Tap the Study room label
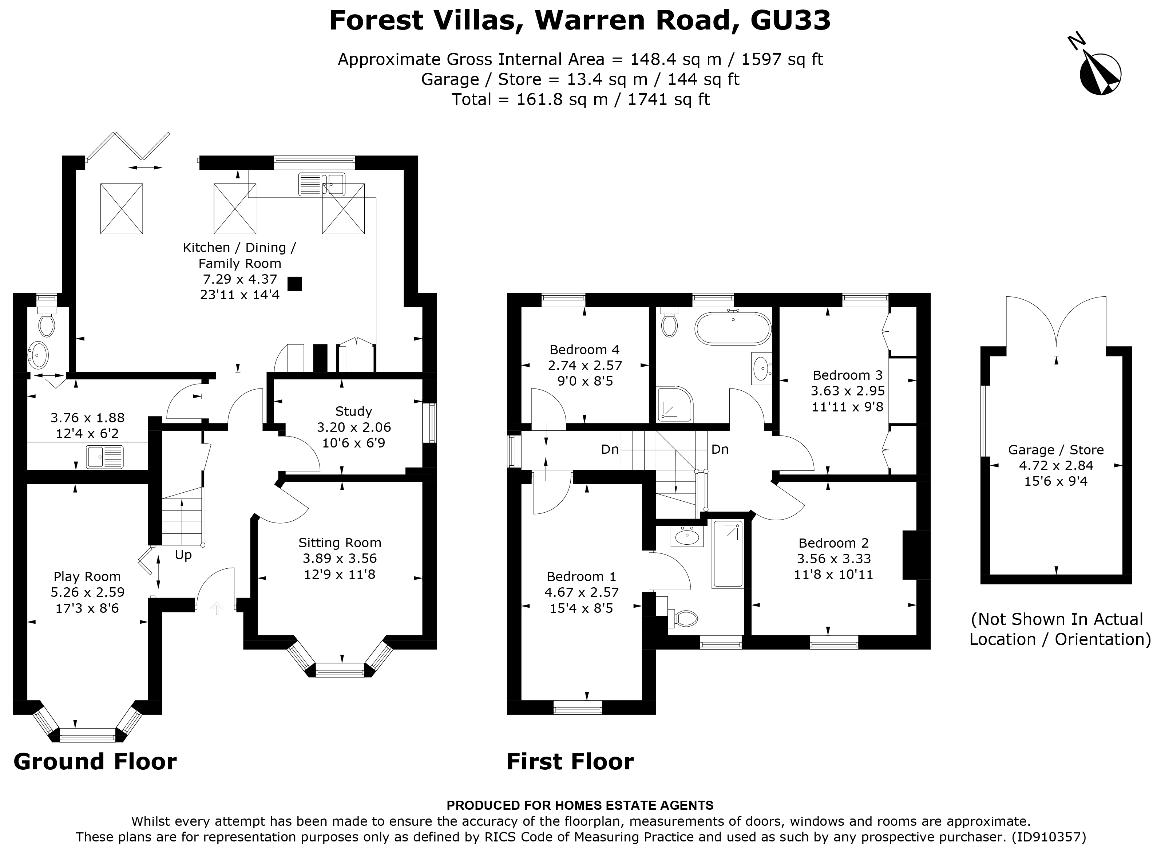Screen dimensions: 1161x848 coord(353,411)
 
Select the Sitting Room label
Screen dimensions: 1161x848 coord(340,543)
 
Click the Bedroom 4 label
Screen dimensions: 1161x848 coord(585,350)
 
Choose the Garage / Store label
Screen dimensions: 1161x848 coord(1056,450)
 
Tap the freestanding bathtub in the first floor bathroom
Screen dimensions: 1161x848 coord(733,328)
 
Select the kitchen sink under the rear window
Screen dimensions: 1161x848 coord(322,184)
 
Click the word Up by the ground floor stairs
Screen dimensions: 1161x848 coord(183,555)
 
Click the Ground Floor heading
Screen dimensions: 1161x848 coord(95,762)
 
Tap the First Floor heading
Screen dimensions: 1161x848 coord(570,762)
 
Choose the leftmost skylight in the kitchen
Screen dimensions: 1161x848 coord(122,209)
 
